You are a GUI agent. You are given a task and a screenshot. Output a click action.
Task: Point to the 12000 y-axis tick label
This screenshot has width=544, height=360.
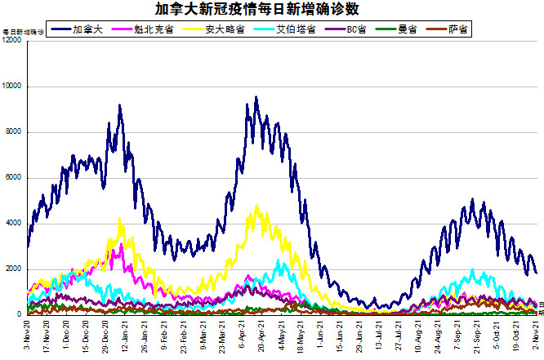[x=11, y=41]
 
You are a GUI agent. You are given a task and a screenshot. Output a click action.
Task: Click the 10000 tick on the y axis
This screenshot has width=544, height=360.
[x=11, y=87]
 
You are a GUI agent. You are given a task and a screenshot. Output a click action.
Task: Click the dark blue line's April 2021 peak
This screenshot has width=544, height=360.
[x=256, y=97]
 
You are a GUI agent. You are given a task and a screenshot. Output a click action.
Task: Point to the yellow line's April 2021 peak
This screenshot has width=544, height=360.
[x=257, y=205]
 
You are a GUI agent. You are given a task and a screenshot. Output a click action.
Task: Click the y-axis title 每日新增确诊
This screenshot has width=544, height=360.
[x=23, y=32]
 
